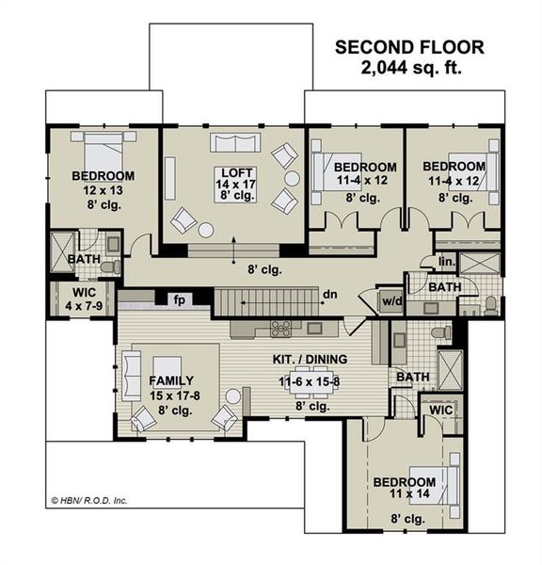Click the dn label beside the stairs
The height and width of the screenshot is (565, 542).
(x=330, y=295)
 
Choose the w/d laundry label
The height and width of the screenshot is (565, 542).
(x=388, y=301)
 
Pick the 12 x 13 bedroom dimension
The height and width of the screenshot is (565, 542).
(x=103, y=191)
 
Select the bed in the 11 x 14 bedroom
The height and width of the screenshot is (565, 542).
(x=441, y=485)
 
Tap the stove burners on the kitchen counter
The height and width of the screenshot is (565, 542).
(x=281, y=329)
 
